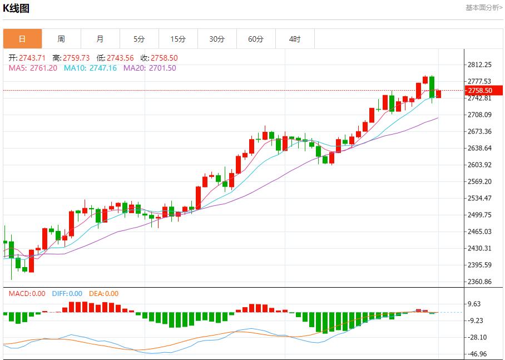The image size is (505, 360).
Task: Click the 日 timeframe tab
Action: point(22,39)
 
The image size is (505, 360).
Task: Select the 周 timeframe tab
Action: point(61,39)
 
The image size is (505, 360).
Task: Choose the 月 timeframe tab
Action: point(100,39)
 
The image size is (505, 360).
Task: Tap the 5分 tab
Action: point(139,39)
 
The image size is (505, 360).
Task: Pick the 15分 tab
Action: point(178,39)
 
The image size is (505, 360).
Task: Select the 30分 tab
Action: point(217,39)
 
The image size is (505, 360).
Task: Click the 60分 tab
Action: point(256,39)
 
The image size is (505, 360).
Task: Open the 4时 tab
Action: point(295,39)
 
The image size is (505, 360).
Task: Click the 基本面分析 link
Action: point(483,8)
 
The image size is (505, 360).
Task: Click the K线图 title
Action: point(16,8)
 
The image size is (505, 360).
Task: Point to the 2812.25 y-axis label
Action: point(479,65)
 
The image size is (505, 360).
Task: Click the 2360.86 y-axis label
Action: point(479,282)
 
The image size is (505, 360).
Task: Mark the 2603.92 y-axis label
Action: point(479,165)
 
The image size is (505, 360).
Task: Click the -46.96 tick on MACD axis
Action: point(477,354)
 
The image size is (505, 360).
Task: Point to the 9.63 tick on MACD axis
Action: point(474,304)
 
